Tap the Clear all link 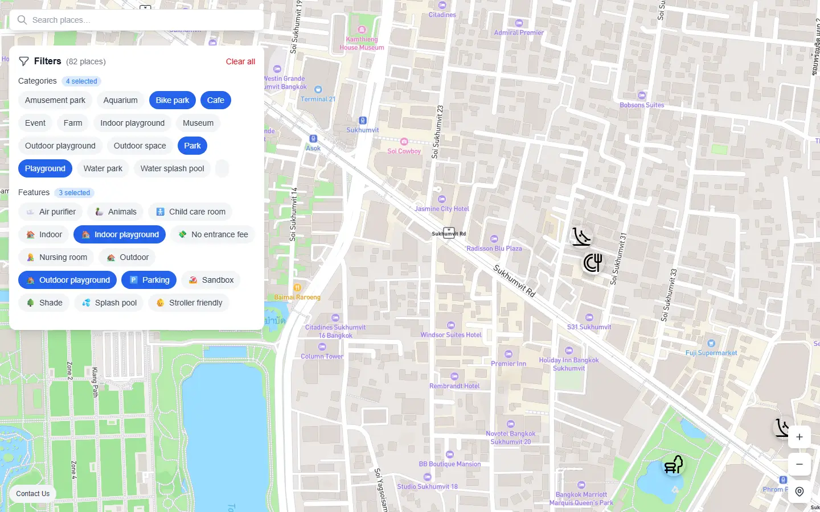(x=240, y=61)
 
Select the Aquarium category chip (x=120, y=100)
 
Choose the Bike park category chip (x=172, y=100)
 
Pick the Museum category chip (x=198, y=123)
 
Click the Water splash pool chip (x=172, y=168)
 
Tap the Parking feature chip (x=149, y=280)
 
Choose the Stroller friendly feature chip (x=188, y=303)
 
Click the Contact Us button (x=32, y=494)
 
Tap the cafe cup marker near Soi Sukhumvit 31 (x=593, y=262)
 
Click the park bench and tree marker (x=674, y=464)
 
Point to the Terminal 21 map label (x=318, y=99)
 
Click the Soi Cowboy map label (x=404, y=151)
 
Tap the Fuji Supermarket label (x=711, y=353)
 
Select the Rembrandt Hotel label (x=454, y=386)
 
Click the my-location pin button (x=799, y=492)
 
